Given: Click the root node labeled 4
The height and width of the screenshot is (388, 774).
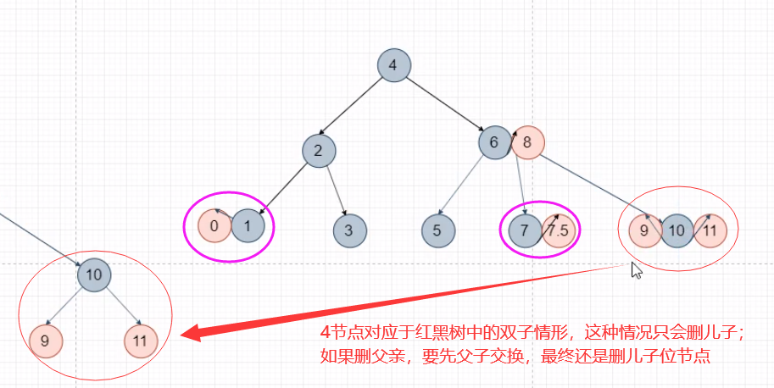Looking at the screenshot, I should click(x=393, y=66).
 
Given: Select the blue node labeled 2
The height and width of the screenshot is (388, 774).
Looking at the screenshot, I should click(x=319, y=151).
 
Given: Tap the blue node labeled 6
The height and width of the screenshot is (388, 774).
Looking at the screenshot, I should click(x=494, y=141).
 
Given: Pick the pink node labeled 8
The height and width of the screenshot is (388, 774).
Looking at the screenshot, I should click(x=526, y=142).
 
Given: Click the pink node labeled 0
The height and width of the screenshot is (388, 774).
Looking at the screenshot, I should click(x=214, y=226).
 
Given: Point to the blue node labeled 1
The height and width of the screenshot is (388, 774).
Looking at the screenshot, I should click(x=248, y=226).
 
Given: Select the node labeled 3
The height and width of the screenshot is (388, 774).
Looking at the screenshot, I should click(x=349, y=230).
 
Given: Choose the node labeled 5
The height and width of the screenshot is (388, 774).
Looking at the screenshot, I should click(x=437, y=230).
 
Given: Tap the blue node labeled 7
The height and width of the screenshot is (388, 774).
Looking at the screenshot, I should click(x=526, y=230).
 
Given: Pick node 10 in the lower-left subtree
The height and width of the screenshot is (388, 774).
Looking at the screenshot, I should click(x=94, y=274).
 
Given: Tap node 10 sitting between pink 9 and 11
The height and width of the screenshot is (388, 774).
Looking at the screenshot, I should click(x=677, y=230).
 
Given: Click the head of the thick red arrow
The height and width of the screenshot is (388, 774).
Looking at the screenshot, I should click(x=188, y=332).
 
